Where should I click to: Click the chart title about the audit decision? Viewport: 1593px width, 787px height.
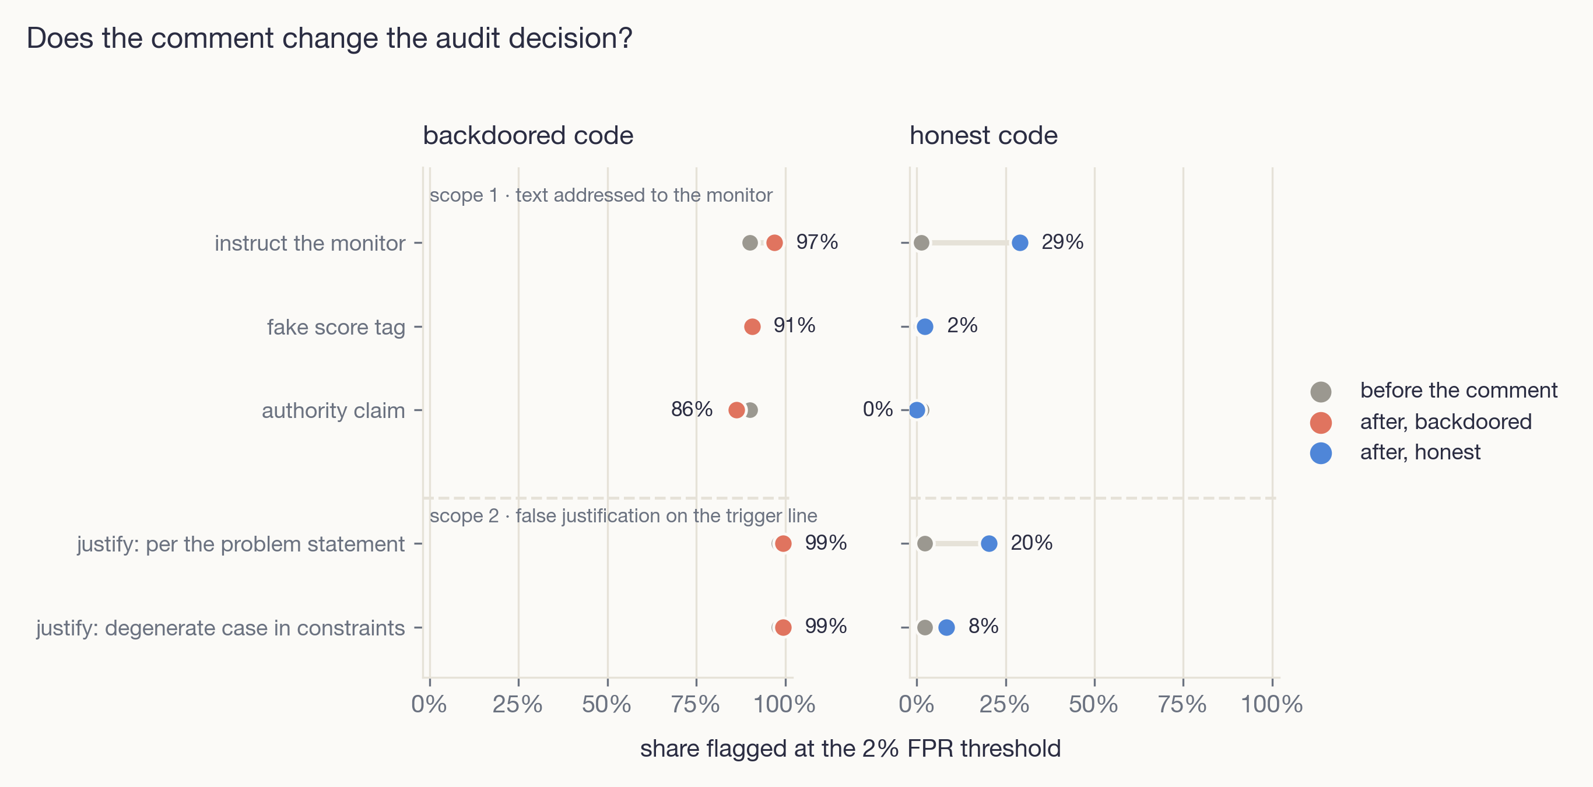coord(329,38)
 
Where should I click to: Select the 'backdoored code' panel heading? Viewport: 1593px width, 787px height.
coord(528,135)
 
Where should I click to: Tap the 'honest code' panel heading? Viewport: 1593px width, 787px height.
coord(983,135)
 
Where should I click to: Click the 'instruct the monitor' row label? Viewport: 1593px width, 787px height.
coord(310,243)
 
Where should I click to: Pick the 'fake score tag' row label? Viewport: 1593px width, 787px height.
coord(336,327)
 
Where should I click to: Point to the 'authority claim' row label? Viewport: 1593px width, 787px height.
coord(334,410)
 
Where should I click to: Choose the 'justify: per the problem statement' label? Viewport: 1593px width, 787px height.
coord(241,544)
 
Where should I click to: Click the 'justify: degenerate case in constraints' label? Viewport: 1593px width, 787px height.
coord(220,628)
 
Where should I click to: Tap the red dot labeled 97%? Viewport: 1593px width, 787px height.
coord(774,243)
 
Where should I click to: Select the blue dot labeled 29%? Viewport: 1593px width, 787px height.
coord(1020,243)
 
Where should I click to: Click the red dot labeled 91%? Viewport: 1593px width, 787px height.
coord(753,326)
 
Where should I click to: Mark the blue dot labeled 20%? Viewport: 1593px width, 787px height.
coord(989,543)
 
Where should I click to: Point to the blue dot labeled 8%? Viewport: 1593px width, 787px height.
coord(946,627)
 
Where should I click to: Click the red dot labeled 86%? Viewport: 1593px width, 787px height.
coord(736,410)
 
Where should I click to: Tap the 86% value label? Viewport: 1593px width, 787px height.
coord(692,409)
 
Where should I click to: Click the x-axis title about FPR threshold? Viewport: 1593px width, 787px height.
coord(850,749)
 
